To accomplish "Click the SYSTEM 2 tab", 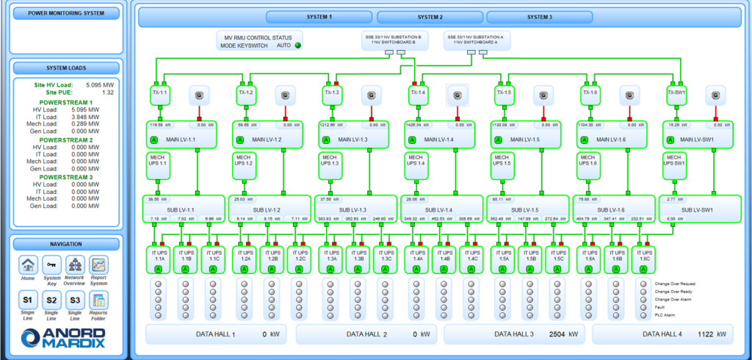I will [430, 17].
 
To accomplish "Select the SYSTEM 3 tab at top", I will [539, 17].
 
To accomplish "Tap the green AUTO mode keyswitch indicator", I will [298, 46].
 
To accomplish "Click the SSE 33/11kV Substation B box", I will [393, 39].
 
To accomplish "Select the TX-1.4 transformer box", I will [418, 93].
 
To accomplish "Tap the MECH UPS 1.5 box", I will [502, 165].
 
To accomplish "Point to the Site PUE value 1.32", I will [107, 93].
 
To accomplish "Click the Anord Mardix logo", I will [63, 336].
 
